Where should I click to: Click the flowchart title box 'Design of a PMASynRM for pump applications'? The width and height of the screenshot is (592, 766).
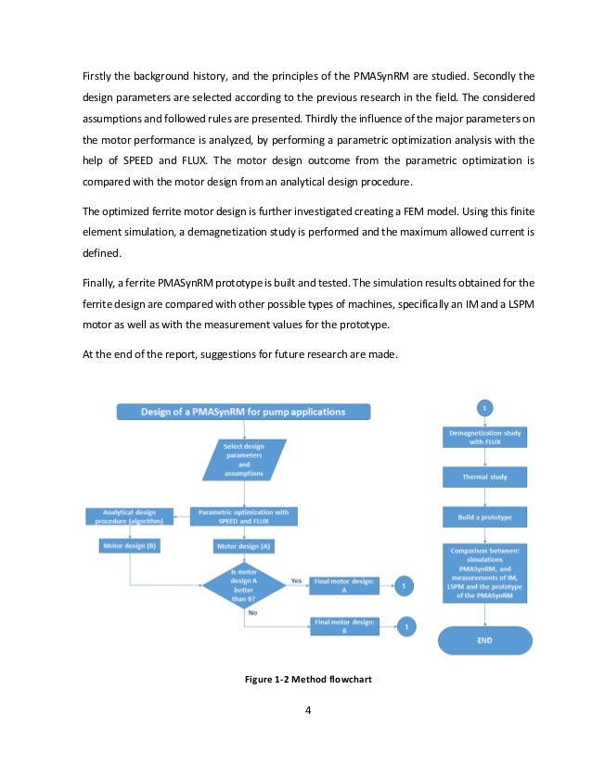pos(243,412)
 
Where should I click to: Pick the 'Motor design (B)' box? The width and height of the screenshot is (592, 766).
pos(128,546)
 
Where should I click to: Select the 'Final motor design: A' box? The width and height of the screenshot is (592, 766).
pos(345,585)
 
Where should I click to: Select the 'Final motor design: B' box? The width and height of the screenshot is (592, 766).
pos(345,627)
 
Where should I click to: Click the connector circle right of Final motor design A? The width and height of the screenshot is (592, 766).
pos(405,585)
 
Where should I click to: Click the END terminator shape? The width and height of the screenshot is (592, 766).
pos(485,640)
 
